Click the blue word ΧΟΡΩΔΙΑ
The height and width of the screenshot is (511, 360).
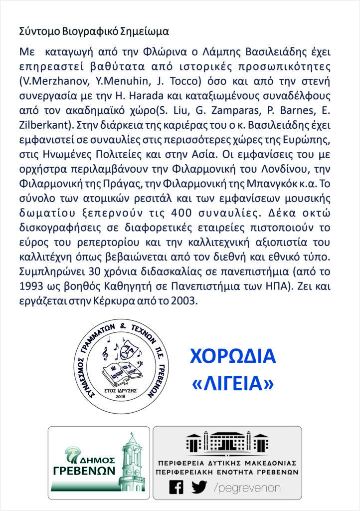(x=233, y=356)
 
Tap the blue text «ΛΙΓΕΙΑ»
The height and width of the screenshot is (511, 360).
(x=233, y=383)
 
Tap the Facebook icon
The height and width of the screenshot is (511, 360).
(x=177, y=487)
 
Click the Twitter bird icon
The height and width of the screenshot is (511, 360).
(x=199, y=487)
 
